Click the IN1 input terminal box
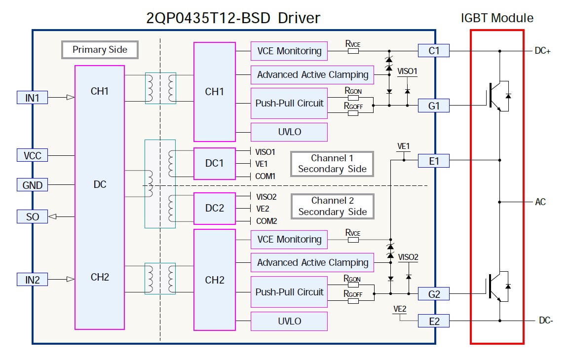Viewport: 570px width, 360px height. coord(32,98)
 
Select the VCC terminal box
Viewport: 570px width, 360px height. coord(32,156)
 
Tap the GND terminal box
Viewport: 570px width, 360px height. coord(32,185)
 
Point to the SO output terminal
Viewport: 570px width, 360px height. coord(32,216)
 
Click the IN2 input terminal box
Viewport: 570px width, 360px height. coord(32,280)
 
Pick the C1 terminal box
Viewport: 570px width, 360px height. coord(434,50)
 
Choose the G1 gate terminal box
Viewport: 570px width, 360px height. coord(434,105)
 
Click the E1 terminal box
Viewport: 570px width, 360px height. coord(434,160)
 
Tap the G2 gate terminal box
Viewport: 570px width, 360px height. coord(434,294)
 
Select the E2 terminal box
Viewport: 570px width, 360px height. coord(434,321)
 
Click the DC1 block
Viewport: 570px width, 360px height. coord(214,163)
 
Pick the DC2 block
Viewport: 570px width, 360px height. coord(214,208)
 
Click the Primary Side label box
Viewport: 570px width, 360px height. coord(100,50)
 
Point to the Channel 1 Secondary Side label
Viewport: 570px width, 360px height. coord(332,164)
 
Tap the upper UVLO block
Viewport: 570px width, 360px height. coord(289,132)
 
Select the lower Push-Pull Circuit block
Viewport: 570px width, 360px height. coord(289,292)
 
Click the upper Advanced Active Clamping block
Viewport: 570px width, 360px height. coord(313,75)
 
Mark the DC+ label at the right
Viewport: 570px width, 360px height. coord(542,51)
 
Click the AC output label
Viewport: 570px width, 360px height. coord(540,202)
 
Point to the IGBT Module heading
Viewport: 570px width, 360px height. coord(497,18)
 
